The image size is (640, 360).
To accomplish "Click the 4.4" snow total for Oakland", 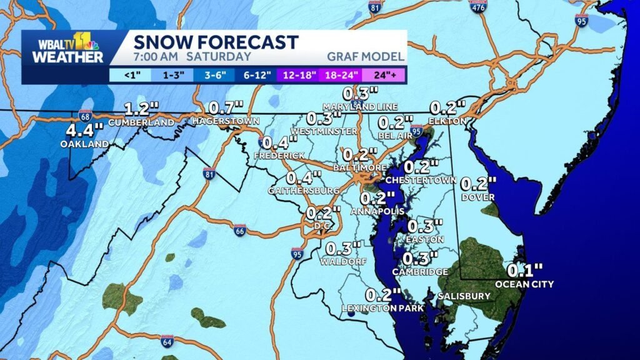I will click(85, 131).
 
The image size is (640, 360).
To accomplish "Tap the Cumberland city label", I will click(141, 123).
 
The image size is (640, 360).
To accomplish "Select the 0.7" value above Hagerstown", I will click(226, 107).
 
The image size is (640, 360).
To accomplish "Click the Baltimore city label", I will click(360, 168).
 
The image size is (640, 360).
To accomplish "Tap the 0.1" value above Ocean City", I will click(520, 271).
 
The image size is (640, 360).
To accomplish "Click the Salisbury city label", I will click(464, 296).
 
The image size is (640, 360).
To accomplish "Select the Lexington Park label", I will click(383, 308).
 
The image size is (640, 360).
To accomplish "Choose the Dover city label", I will click(478, 197).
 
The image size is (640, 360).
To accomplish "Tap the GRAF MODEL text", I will click(365, 57).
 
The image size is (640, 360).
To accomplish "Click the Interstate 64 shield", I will click(167, 341).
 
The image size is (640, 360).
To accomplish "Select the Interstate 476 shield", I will click(478, 7).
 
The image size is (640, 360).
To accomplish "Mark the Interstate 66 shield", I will click(241, 230).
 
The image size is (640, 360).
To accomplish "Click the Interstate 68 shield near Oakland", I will click(85, 116).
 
